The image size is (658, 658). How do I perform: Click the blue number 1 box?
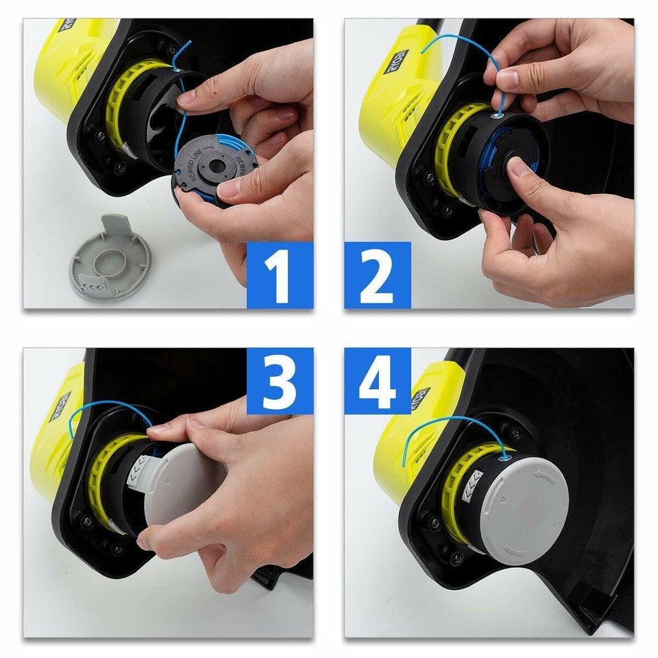click(x=280, y=274)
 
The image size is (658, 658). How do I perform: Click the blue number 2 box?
click(x=378, y=274)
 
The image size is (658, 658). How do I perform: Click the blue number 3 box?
click(x=280, y=381)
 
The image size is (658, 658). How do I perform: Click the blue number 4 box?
click(x=378, y=381)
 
